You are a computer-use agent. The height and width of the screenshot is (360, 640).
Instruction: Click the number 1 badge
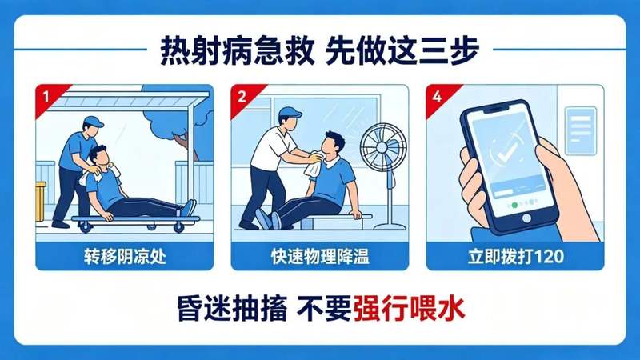point(46,97)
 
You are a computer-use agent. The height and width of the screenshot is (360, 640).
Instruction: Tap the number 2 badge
point(242,97)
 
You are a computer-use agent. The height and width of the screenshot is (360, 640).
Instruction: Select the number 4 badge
point(437,97)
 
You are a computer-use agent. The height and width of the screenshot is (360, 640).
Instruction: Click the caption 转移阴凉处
point(125,256)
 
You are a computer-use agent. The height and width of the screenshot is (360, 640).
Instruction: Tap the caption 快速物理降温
point(320,256)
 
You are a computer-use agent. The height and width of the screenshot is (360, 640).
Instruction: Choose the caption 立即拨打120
point(515,256)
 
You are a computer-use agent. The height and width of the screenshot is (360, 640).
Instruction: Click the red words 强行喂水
point(409,308)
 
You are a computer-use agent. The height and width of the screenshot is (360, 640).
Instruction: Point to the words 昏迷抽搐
point(232,308)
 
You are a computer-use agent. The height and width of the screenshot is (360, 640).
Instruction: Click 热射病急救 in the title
point(237,50)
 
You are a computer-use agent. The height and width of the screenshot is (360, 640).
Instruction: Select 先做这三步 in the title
point(402,50)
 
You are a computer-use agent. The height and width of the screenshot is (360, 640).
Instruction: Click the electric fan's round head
point(383,147)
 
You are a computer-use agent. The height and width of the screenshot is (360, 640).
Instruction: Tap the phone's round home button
point(526,218)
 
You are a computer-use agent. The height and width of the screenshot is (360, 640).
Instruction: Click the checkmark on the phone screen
point(506,152)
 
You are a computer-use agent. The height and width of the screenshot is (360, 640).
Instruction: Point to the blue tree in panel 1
point(179,119)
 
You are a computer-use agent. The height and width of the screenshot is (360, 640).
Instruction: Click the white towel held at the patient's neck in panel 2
point(314,163)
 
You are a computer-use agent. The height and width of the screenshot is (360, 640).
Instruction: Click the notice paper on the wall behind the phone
point(581,131)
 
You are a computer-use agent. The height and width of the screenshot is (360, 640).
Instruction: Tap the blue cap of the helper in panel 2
point(290,113)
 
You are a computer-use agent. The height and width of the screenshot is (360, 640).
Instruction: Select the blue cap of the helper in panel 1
point(93,122)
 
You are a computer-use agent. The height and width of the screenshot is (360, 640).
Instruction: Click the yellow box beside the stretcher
point(39,201)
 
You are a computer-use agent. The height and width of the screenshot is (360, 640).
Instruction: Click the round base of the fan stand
point(390,226)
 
